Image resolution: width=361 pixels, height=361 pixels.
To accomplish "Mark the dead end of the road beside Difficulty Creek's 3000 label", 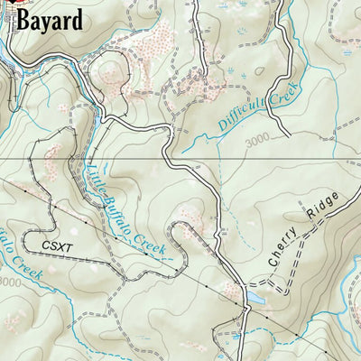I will pyautogui.click(x=288, y=136).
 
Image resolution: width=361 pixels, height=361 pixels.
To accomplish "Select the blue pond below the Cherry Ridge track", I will pyautogui.click(x=254, y=296).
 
